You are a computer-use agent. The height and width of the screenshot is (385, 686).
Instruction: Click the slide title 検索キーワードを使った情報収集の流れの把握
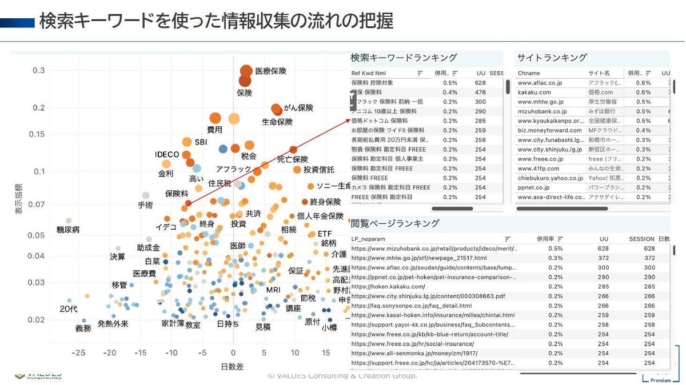(216, 22)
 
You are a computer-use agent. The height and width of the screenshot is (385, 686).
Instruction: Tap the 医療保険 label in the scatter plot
(270, 71)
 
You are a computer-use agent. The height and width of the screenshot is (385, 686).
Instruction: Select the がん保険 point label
(298, 107)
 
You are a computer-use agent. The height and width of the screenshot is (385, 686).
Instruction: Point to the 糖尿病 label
(68, 230)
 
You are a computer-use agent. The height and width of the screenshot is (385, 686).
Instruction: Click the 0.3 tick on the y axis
(38, 70)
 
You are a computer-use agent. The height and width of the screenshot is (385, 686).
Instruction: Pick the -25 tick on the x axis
(78, 353)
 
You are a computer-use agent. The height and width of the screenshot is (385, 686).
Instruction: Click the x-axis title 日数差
(232, 366)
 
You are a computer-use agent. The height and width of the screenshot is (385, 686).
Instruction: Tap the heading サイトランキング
(552, 58)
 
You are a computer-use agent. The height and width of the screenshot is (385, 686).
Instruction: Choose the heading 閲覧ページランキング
(395, 223)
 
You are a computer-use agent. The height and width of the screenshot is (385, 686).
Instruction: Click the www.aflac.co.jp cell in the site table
(540, 83)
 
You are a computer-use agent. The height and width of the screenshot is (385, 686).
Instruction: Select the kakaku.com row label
(535, 93)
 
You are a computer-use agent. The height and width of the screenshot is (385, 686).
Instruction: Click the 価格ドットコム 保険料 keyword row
(380, 121)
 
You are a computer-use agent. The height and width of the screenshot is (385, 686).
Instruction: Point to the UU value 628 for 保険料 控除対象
(480, 83)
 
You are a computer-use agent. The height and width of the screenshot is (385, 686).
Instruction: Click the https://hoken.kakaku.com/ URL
(388, 287)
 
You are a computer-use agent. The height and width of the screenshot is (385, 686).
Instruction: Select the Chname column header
(529, 73)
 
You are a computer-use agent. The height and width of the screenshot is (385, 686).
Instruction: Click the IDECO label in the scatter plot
(167, 155)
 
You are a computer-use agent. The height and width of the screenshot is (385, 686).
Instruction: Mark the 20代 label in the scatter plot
(69, 309)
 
